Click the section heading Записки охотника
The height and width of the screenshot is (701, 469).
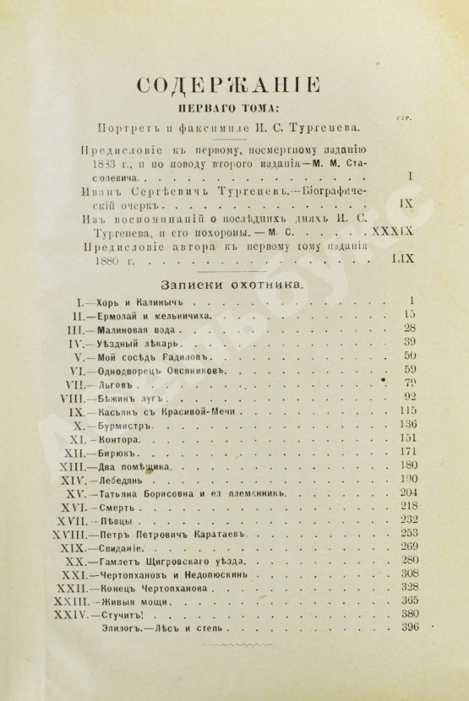(234, 285)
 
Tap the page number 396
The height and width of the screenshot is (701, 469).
(411, 628)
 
